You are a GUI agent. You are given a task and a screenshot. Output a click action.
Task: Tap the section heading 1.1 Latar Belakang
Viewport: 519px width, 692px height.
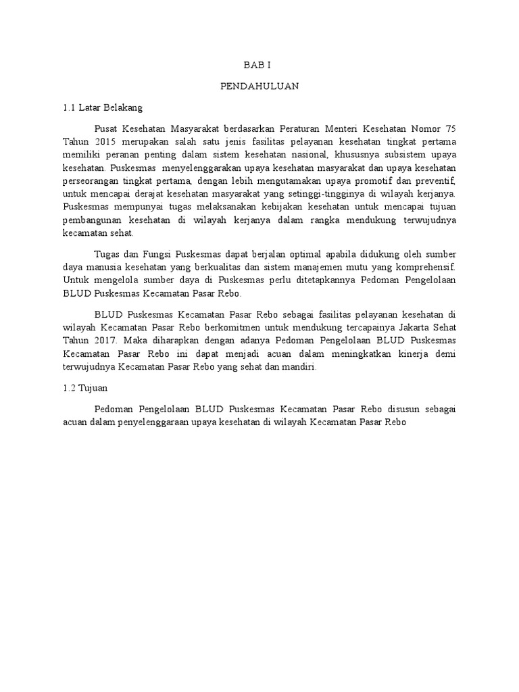[x=101, y=107]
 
